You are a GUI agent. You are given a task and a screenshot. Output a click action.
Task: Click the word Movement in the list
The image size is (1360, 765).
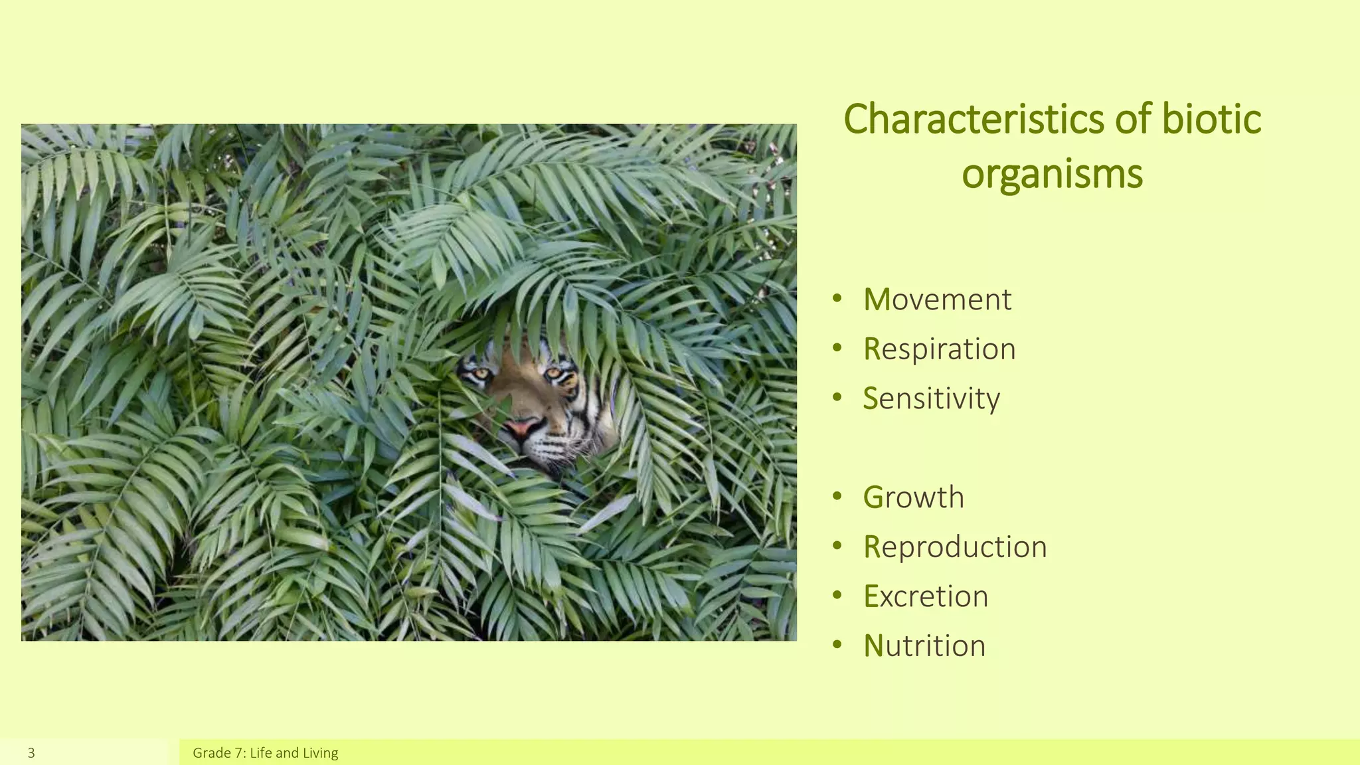[x=937, y=299]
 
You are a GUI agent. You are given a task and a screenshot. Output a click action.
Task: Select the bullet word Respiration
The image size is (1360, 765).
[x=939, y=349]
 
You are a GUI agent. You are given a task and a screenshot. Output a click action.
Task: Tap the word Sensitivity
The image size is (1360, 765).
[x=931, y=398]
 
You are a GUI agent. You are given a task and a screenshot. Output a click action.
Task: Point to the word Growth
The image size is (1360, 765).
[x=913, y=497]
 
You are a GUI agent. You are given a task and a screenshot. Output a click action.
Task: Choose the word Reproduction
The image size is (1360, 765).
[x=955, y=547]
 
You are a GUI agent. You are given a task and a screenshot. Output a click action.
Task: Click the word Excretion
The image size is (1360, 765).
[x=926, y=596]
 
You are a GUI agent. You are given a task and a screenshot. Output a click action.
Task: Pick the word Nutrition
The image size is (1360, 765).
[x=924, y=645]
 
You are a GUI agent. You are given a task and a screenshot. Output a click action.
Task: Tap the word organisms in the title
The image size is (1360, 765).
[x=1052, y=174]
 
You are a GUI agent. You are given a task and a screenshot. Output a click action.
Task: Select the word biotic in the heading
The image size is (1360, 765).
[x=1211, y=120]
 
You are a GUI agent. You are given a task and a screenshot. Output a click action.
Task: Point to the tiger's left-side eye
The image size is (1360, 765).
[x=480, y=375]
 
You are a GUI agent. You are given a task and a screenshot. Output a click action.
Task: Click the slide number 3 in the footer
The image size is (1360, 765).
[x=31, y=753]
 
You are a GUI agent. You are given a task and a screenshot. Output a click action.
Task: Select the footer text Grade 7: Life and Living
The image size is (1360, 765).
[x=265, y=753]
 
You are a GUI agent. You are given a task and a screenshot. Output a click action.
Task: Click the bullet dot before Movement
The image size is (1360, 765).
[x=837, y=298]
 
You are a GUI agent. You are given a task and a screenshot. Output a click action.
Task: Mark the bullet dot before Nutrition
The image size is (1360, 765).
[x=837, y=644]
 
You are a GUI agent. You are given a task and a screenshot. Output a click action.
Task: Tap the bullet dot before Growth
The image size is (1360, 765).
[x=837, y=496]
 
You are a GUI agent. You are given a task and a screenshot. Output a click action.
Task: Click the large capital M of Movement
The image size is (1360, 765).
[x=877, y=299]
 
